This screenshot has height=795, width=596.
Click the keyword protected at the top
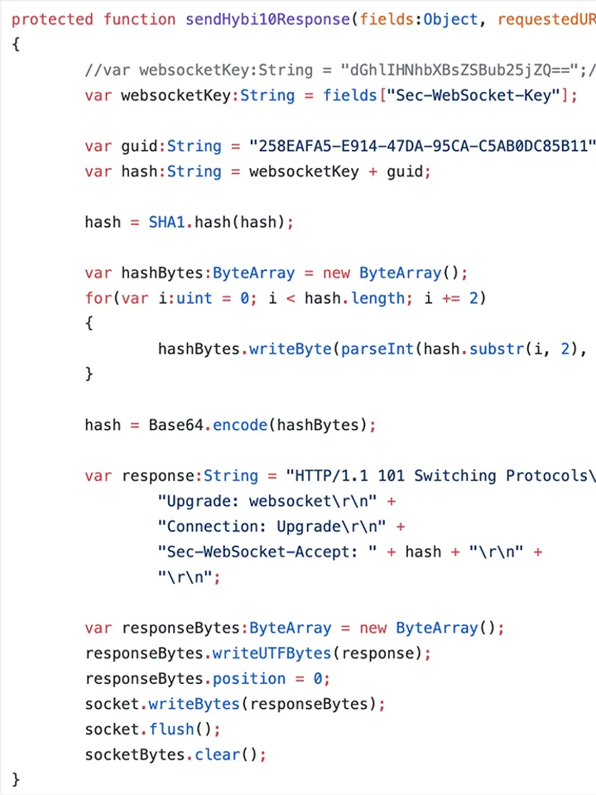(x=52, y=19)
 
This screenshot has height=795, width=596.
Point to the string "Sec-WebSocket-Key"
(x=473, y=95)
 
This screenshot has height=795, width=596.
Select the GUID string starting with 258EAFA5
(x=422, y=147)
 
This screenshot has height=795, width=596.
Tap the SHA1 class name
(x=166, y=222)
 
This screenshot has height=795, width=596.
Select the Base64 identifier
(x=175, y=425)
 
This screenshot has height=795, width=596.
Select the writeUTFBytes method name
(x=272, y=653)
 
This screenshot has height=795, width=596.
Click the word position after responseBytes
(x=248, y=678)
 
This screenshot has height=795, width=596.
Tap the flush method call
(x=171, y=729)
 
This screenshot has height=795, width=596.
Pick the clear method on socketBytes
(x=217, y=754)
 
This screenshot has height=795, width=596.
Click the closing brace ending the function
(x=16, y=778)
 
